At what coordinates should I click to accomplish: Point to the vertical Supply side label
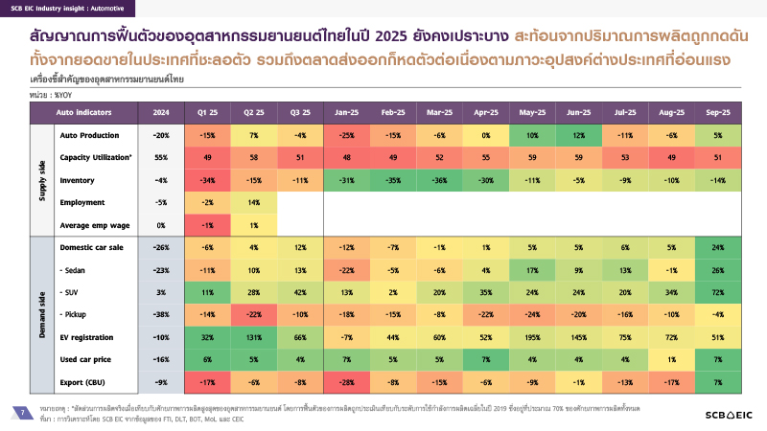(x=42, y=179)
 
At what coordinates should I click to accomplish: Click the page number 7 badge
(x=21, y=412)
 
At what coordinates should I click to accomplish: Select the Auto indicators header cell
(x=96, y=112)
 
